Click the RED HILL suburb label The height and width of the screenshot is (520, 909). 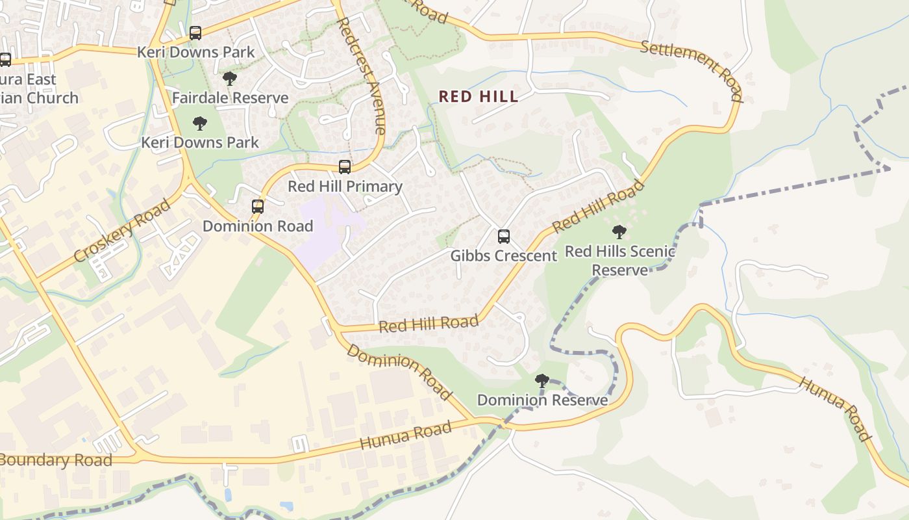click(x=479, y=97)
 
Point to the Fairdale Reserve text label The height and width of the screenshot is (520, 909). click(x=230, y=98)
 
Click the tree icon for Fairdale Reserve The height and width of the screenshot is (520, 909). click(x=229, y=79)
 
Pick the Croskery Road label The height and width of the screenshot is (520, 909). click(x=122, y=231)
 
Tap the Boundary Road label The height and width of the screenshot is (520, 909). click(x=56, y=460)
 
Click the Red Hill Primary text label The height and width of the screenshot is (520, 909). click(x=345, y=187)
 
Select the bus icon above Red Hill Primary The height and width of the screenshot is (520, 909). click(x=345, y=167)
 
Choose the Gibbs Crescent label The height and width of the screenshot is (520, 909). click(x=504, y=256)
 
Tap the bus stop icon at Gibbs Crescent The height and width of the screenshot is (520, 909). click(x=504, y=237)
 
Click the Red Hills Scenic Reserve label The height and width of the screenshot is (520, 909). click(x=620, y=261)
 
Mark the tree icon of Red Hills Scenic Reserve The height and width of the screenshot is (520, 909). click(x=619, y=231)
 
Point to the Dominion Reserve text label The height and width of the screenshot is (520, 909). click(x=542, y=400)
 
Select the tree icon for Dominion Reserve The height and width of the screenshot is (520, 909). click(x=542, y=381)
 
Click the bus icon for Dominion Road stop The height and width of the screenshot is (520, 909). click(x=258, y=207)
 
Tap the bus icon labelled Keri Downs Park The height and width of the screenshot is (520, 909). click(x=195, y=33)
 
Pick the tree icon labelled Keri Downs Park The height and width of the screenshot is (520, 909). click(x=200, y=123)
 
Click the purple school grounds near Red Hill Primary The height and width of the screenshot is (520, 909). click(x=325, y=234)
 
